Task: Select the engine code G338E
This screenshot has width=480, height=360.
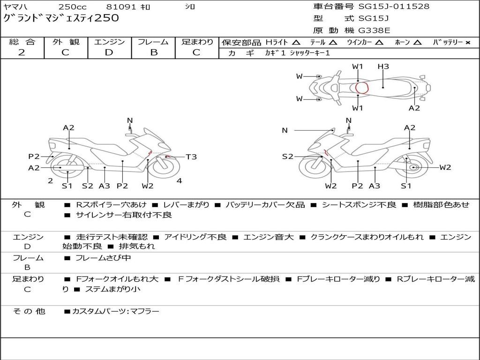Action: [374, 30]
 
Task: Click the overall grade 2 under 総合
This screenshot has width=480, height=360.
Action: [22, 52]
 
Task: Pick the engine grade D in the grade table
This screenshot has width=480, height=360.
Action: [109, 52]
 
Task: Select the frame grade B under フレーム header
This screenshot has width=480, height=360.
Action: [153, 52]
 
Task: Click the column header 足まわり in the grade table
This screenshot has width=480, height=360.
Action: [197, 42]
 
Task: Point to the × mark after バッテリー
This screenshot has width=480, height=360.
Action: [468, 43]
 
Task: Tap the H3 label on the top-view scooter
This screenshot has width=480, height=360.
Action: [383, 67]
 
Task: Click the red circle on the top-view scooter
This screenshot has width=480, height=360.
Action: [362, 88]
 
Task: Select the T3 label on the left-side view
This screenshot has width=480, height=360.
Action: [191, 157]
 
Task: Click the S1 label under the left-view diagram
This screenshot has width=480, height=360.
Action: [67, 186]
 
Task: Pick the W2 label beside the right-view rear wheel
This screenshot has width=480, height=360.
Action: [445, 167]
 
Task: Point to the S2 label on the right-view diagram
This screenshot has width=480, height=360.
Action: [287, 157]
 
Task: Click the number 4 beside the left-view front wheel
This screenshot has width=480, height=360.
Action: [179, 180]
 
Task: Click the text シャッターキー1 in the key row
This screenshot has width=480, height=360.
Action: [310, 53]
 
